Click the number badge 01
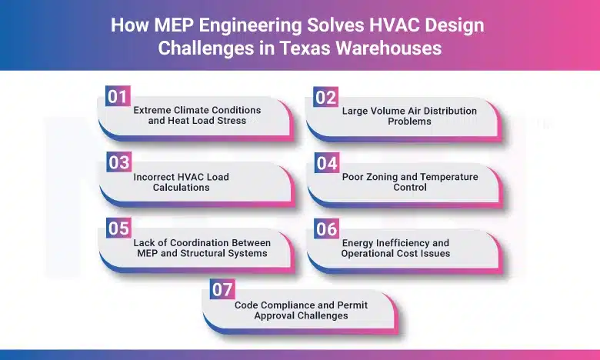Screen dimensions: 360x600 (117, 96)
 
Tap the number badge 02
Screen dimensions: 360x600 (325, 97)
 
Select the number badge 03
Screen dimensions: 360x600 (118, 162)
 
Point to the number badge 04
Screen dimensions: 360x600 (326, 163)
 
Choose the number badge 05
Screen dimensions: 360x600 (118, 228)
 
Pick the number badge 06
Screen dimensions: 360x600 (326, 229)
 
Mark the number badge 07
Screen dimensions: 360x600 (222, 289)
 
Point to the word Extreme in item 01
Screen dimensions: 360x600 (152, 110)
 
